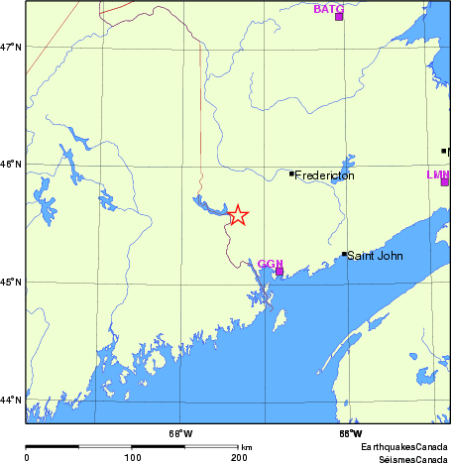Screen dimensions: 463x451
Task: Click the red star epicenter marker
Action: (x=237, y=215)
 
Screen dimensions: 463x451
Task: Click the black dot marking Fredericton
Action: (x=291, y=174)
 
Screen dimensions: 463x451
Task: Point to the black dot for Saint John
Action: (x=344, y=254)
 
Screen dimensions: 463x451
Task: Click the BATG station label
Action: (x=328, y=9)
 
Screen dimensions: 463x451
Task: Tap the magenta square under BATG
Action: (x=339, y=17)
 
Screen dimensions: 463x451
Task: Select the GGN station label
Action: (x=270, y=264)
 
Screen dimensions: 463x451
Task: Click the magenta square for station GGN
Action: (x=280, y=271)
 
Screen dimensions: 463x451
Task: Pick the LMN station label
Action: (x=437, y=174)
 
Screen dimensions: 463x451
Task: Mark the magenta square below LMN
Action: (x=445, y=181)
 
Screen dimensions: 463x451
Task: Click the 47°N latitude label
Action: (x=11, y=47)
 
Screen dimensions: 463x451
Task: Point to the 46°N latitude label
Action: (x=11, y=165)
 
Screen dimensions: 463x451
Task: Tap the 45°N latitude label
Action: (x=11, y=282)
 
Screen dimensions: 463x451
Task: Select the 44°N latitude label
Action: (x=11, y=400)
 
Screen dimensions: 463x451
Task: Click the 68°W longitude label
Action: (x=180, y=432)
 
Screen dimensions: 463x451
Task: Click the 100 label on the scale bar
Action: (x=132, y=457)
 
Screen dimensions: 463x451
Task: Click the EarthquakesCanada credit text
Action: (x=405, y=448)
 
